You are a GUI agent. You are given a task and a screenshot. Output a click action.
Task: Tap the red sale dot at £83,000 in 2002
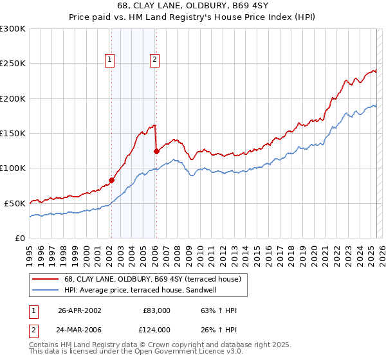pos(111,180)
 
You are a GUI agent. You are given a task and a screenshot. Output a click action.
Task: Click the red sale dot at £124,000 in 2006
pos(156,152)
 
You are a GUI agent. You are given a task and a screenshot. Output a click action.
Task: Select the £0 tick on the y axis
pos(19,238)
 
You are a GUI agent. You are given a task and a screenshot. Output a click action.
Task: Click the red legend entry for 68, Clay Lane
pos(152,278)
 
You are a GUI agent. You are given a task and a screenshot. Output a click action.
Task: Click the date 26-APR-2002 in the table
pos(80,310)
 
